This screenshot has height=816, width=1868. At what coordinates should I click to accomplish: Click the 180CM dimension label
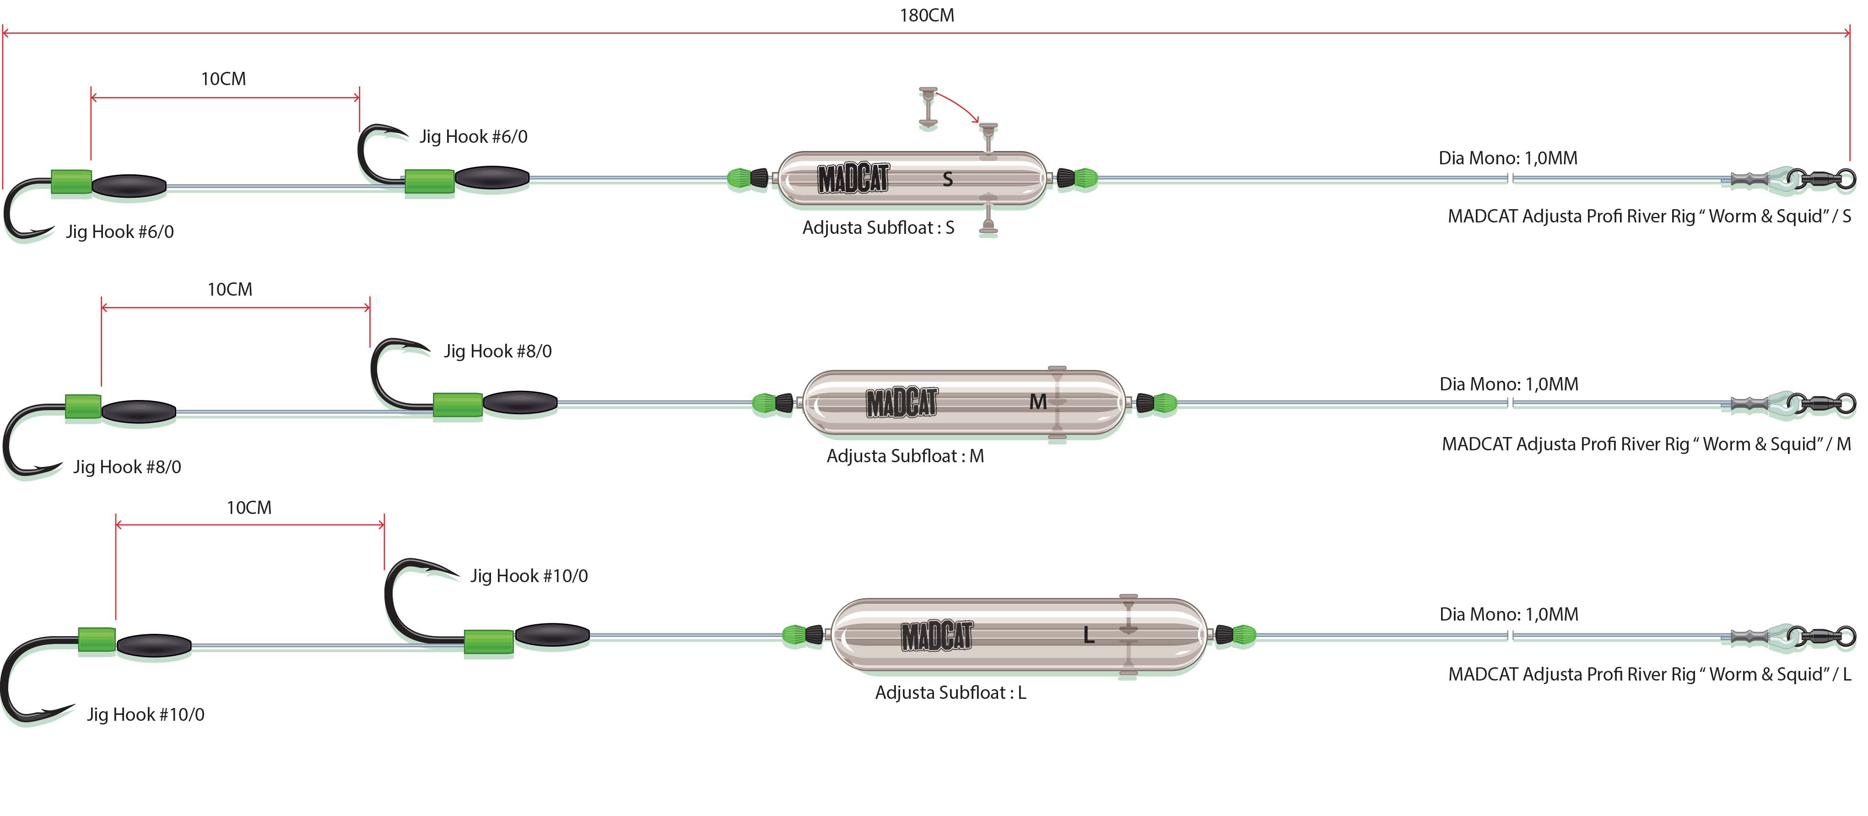[927, 15]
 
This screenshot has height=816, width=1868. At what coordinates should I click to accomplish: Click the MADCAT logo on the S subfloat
[853, 179]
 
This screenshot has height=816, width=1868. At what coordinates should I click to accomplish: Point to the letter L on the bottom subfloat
[1089, 635]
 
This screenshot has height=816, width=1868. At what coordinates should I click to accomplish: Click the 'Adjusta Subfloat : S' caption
[877, 228]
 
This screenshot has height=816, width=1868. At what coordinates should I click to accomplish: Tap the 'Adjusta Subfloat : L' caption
[950, 693]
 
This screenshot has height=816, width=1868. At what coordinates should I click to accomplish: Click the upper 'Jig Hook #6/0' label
[473, 136]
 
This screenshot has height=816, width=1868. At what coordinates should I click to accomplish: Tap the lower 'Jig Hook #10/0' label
[146, 714]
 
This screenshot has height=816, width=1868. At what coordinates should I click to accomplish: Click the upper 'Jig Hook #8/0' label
[497, 351]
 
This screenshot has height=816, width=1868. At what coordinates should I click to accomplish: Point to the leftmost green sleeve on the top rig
[71, 183]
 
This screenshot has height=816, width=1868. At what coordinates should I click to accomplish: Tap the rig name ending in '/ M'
[1646, 444]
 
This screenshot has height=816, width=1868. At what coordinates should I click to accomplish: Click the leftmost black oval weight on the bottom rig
[154, 645]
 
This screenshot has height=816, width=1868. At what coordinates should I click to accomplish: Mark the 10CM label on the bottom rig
[249, 508]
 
